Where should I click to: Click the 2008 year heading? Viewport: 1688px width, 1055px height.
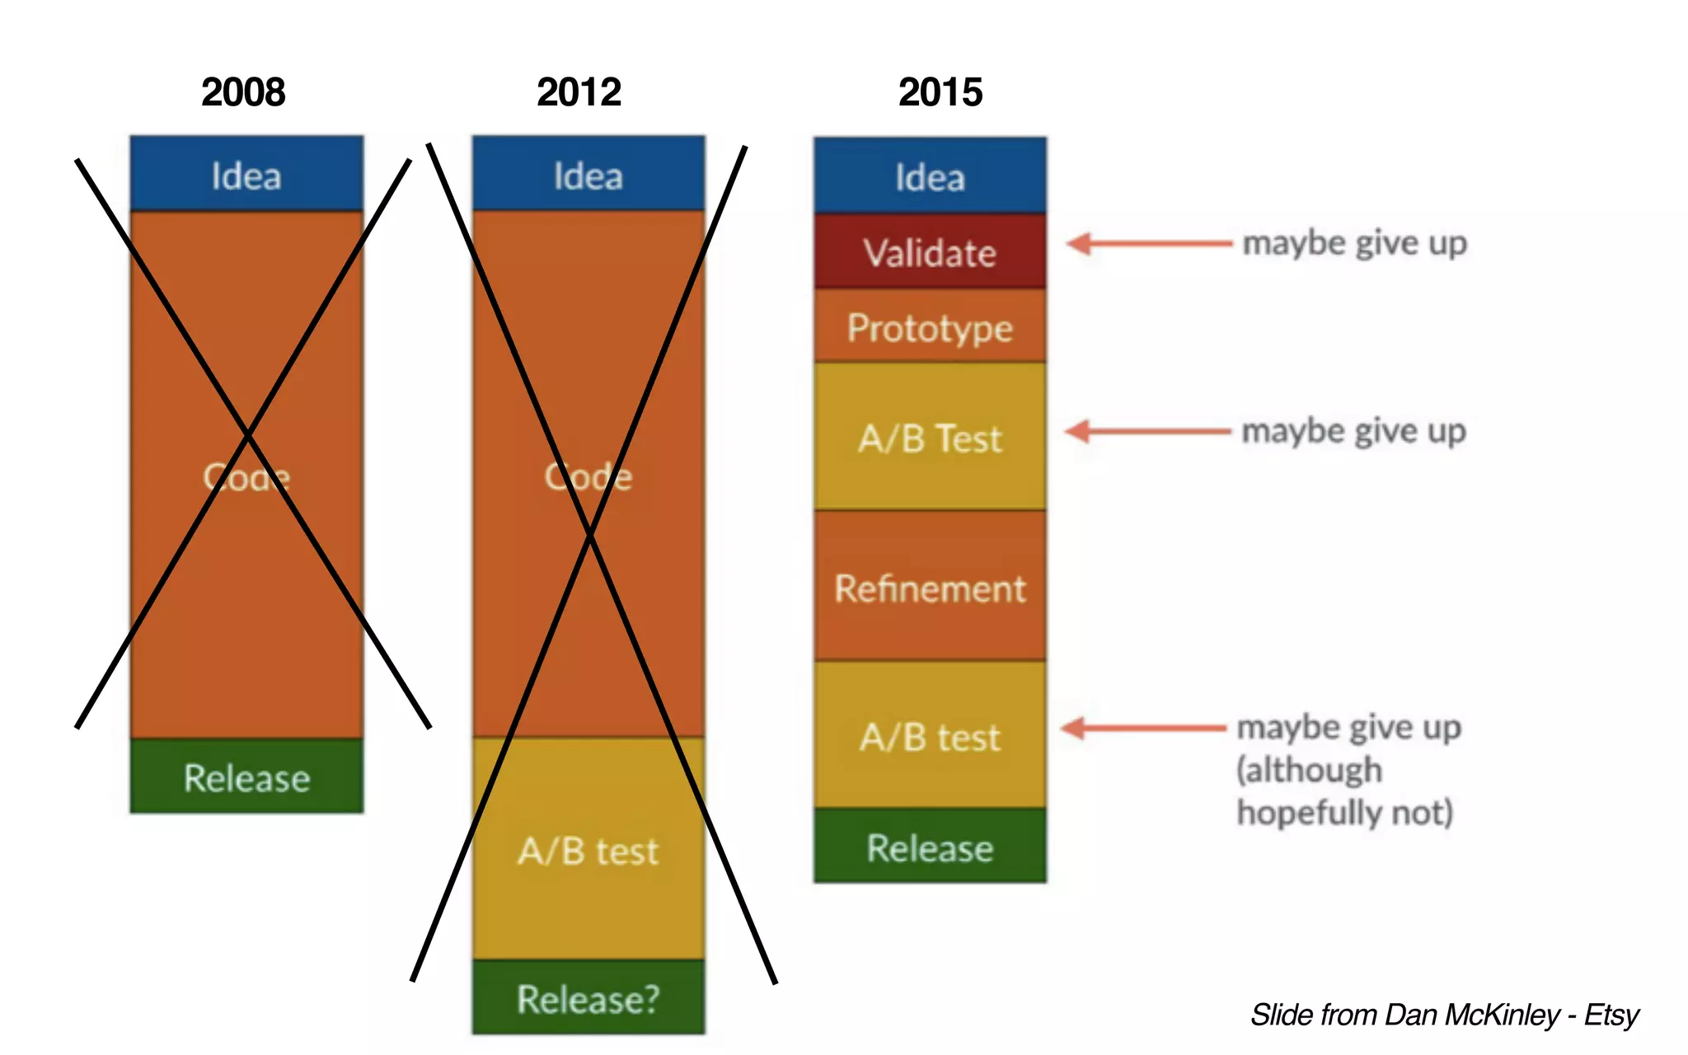click(x=243, y=91)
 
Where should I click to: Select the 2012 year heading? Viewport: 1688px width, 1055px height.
click(x=579, y=91)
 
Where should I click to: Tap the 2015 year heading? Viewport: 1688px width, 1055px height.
click(x=940, y=91)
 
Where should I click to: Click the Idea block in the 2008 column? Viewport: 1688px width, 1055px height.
click(x=246, y=175)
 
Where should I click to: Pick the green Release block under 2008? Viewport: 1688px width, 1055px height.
click(x=246, y=776)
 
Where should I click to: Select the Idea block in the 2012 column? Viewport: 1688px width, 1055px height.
click(x=588, y=175)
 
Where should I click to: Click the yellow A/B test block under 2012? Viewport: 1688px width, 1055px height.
click(x=588, y=849)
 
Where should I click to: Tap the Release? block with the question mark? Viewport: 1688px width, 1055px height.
click(x=588, y=997)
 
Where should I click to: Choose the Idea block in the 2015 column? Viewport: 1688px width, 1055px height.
click(x=930, y=176)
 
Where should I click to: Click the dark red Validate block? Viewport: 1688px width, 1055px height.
click(x=930, y=251)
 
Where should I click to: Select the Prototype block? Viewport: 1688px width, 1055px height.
click(x=930, y=326)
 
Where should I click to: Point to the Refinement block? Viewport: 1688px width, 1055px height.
click(x=930, y=587)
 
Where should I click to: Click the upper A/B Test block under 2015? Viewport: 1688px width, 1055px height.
click(x=930, y=437)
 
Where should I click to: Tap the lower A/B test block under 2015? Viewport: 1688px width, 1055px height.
click(x=930, y=735)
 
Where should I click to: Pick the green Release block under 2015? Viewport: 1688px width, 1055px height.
click(x=930, y=846)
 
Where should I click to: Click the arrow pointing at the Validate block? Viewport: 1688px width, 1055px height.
click(x=1147, y=243)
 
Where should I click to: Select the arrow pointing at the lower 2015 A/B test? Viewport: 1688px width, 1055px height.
click(x=1143, y=728)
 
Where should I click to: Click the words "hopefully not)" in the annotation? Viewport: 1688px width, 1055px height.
click(x=1344, y=813)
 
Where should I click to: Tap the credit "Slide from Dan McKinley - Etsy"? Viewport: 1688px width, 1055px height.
click(x=1444, y=1014)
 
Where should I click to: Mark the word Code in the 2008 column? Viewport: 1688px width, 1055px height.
click(x=246, y=476)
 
